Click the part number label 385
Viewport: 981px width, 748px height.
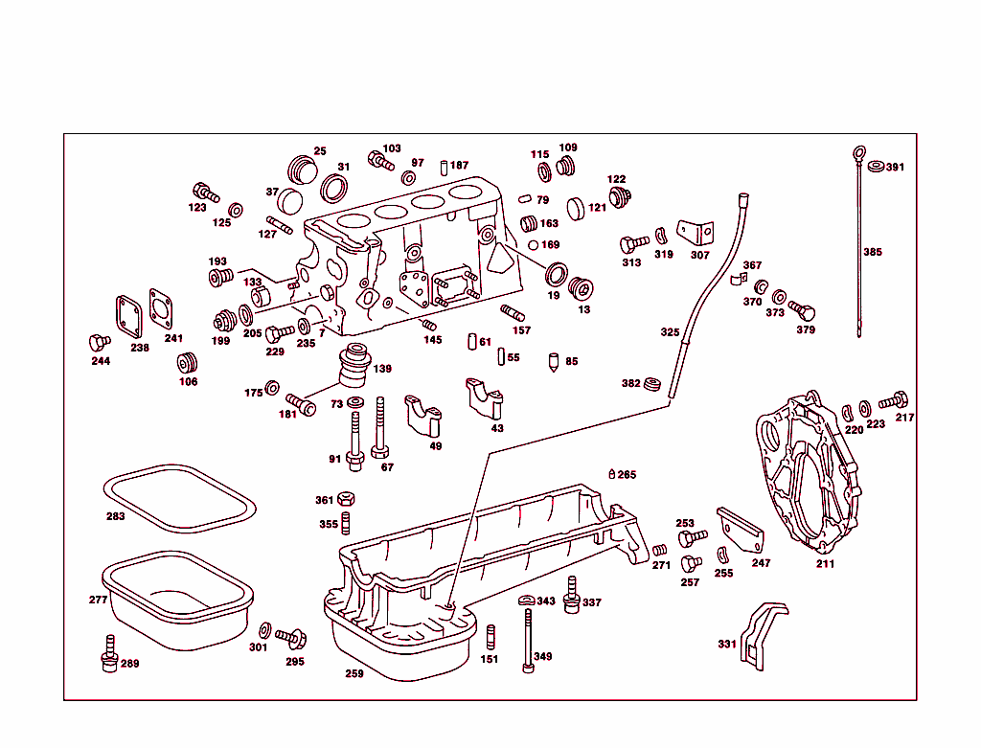[872, 253]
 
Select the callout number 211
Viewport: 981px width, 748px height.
[825, 564]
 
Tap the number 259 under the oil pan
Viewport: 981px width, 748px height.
[354, 674]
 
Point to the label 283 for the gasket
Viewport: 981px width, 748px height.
[115, 516]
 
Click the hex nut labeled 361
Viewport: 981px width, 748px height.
[349, 500]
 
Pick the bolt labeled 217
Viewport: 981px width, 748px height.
[897, 399]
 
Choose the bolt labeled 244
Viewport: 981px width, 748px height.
[96, 342]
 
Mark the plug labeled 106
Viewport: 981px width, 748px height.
[187, 364]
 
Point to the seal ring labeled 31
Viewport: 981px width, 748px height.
[334, 188]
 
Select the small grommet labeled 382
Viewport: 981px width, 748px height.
[654, 384]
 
